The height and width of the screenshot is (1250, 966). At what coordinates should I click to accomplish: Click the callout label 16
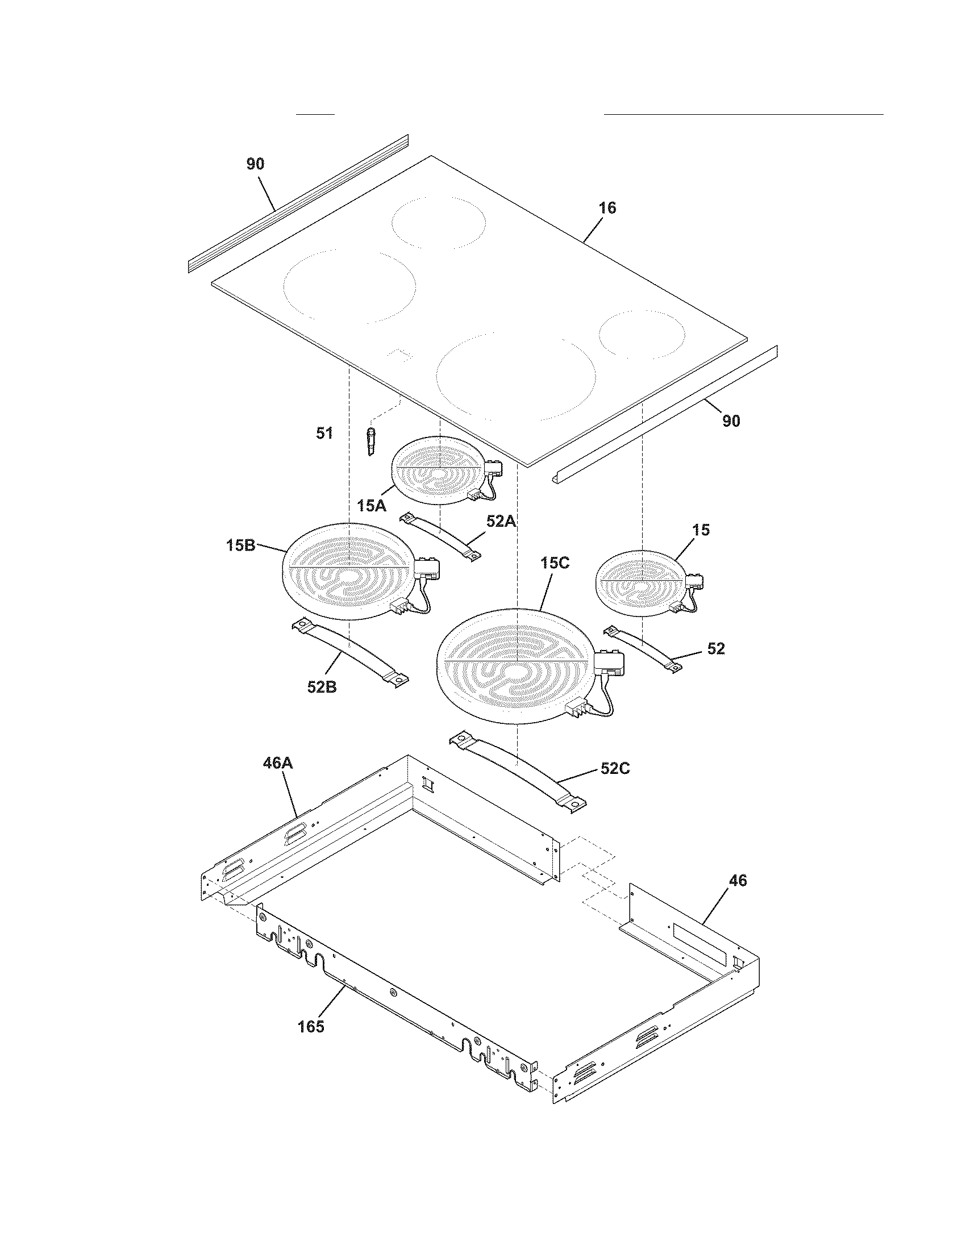[x=607, y=208]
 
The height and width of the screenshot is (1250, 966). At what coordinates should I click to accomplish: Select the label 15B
[x=240, y=545]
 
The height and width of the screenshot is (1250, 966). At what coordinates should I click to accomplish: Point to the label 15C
[x=555, y=563]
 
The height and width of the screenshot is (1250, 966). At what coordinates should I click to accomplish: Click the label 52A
[x=501, y=521]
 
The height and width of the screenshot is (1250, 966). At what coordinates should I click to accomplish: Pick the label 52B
[x=322, y=687]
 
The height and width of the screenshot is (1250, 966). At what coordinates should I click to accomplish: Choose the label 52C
[x=615, y=768]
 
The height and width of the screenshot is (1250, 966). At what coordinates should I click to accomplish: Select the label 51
[x=324, y=434]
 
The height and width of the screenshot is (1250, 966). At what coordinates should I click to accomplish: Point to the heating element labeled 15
[x=640, y=583]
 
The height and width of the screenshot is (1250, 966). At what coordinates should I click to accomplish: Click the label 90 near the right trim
[x=731, y=421]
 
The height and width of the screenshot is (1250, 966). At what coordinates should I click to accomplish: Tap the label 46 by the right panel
[x=738, y=880]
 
